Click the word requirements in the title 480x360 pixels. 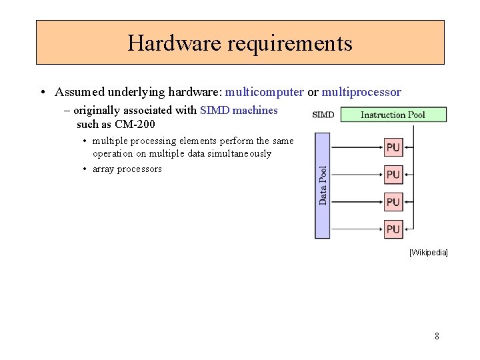(290, 43)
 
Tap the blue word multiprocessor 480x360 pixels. (361, 92)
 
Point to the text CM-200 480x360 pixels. (135, 124)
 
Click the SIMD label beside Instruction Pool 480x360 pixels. (323, 115)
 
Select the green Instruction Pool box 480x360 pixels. (393, 115)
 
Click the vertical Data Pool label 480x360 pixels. (323, 185)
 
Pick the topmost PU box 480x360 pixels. (393, 147)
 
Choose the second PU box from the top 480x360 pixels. (393, 175)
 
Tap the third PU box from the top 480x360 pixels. (393, 201)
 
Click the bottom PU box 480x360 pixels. (393, 229)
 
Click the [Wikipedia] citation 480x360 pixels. (428, 253)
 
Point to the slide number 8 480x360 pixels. (437, 336)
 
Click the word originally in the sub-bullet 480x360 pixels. (97, 111)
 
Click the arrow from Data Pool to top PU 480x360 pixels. (356, 147)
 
